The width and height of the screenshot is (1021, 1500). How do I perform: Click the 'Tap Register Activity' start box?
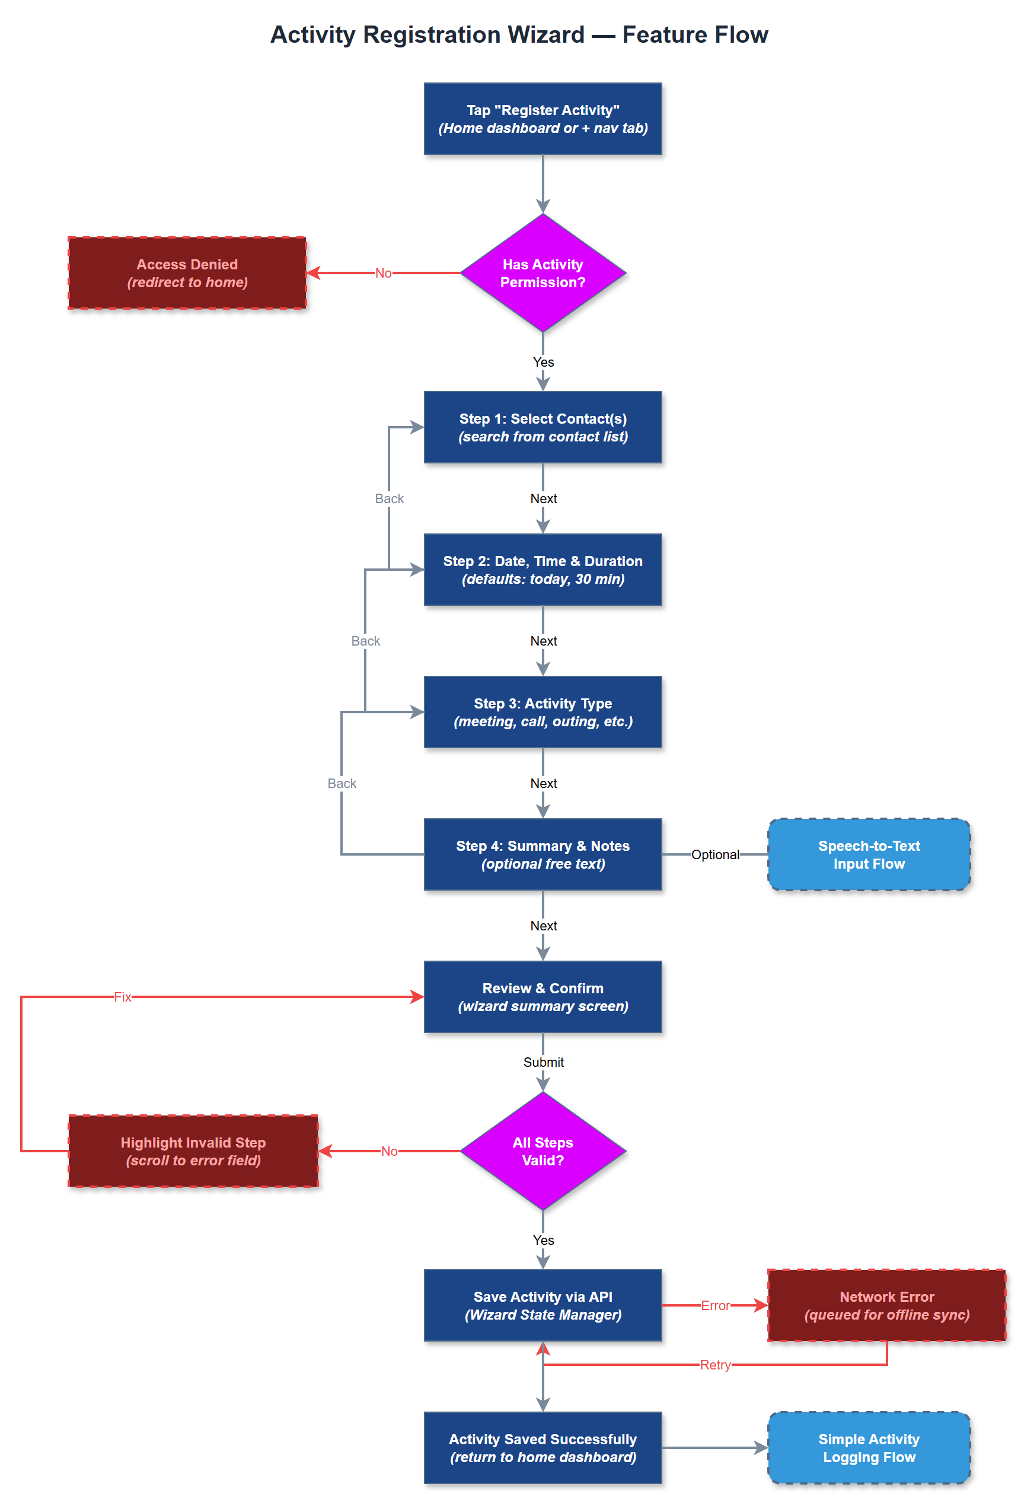pos(543,119)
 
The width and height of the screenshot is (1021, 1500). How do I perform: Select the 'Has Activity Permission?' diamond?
pos(543,273)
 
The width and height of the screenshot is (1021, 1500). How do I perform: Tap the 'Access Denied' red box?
pos(187,273)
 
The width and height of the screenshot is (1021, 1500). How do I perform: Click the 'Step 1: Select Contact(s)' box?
pos(543,427)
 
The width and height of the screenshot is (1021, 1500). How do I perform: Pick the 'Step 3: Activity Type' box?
pos(543,712)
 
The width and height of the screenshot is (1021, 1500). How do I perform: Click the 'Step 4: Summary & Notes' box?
pos(543,854)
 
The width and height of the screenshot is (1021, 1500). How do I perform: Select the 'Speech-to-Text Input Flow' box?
pos(868,854)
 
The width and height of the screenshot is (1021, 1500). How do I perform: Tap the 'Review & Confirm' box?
pos(543,997)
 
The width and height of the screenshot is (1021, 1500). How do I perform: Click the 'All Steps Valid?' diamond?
pos(543,1151)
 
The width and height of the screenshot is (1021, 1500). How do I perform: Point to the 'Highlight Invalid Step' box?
pos(193,1151)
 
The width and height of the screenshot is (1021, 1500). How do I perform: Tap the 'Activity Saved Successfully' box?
pos(543,1448)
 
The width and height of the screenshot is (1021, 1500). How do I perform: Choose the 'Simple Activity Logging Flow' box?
pos(868,1448)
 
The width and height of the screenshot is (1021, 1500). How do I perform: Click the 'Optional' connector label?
pos(714,854)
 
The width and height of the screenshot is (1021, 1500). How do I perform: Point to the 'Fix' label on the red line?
pos(123,997)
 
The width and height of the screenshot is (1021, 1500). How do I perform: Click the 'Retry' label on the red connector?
pos(714,1365)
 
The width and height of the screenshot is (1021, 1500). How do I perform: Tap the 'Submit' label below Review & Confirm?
pos(543,1062)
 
